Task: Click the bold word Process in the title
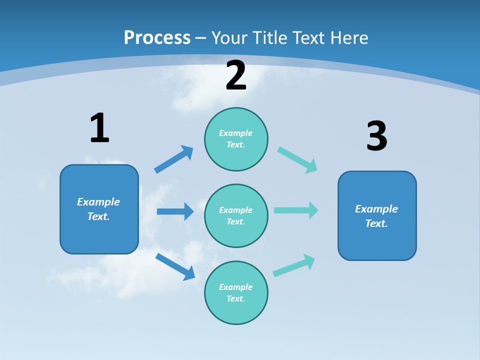click(157, 38)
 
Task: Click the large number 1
click(99, 128)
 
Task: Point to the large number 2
click(236, 76)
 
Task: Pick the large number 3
click(376, 136)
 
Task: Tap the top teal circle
click(236, 139)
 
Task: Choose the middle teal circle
click(236, 216)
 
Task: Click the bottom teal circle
click(236, 293)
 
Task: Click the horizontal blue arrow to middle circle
click(175, 211)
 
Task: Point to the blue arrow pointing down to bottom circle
click(175, 266)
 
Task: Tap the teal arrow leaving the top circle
click(297, 159)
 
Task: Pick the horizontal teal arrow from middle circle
click(295, 210)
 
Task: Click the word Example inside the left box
click(98, 202)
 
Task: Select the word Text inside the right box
click(376, 223)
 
